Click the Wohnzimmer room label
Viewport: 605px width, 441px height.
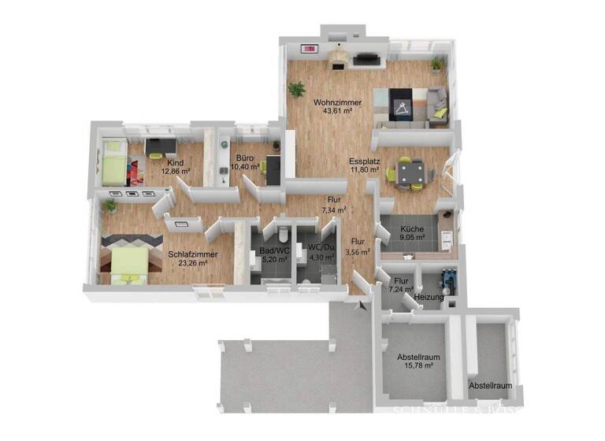(x=337, y=102)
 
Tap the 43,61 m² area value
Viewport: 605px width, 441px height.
(x=337, y=111)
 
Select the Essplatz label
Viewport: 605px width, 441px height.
(x=366, y=162)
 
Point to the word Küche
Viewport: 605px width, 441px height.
(x=412, y=228)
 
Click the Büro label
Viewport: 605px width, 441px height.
(x=244, y=158)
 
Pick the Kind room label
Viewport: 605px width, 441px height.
(x=175, y=162)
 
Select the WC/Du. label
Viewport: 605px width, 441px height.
(x=321, y=248)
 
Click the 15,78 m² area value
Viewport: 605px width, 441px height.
(x=418, y=365)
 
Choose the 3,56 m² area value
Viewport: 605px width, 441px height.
(x=358, y=252)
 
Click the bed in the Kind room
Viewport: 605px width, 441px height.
(x=114, y=162)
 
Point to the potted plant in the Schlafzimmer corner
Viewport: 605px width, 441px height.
(x=109, y=205)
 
